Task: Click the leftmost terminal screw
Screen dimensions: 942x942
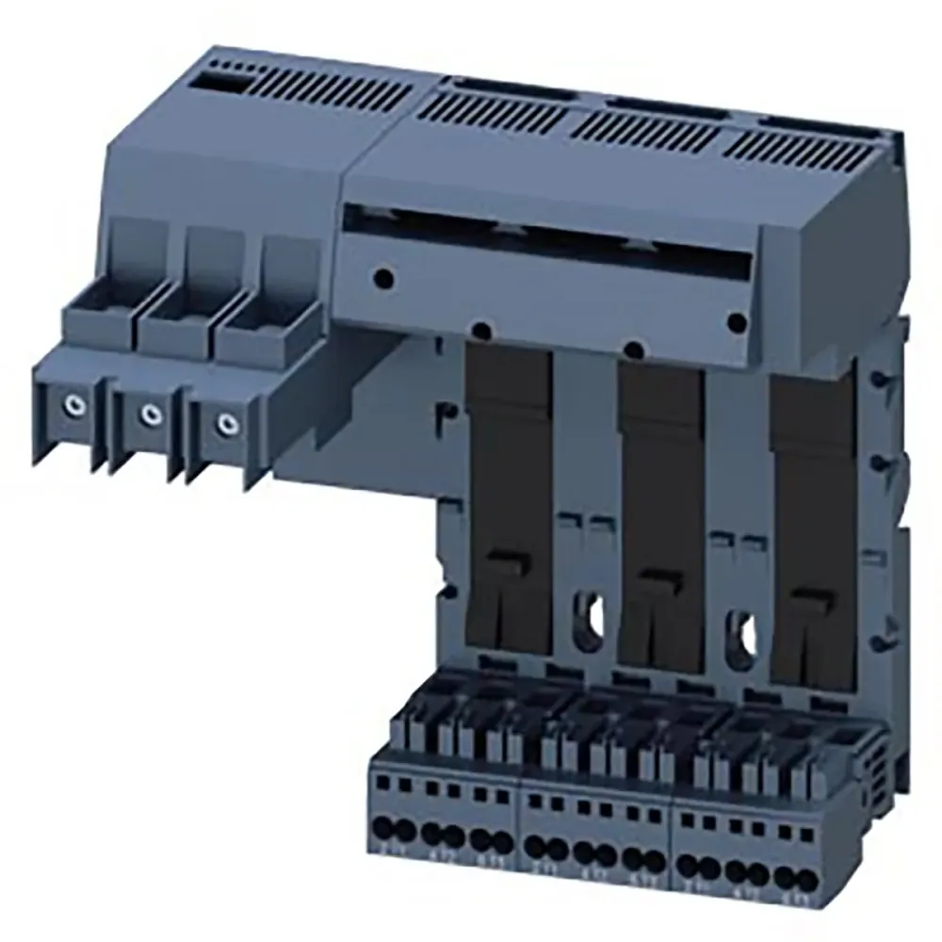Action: click(x=72, y=406)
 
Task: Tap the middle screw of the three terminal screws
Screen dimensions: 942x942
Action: click(x=148, y=414)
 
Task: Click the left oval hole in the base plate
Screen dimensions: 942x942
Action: click(x=590, y=615)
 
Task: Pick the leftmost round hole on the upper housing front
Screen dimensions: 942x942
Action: click(x=382, y=279)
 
